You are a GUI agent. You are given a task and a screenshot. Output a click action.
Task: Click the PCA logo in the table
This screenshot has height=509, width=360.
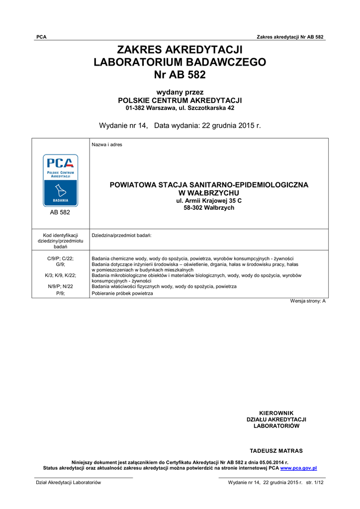(x=60, y=180)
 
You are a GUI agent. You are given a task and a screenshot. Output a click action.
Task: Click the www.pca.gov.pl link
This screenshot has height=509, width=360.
(x=298, y=468)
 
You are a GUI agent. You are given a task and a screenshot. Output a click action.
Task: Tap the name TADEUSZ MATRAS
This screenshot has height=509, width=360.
(x=276, y=451)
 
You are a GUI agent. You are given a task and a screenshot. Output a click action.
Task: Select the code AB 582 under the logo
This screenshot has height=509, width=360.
(x=60, y=212)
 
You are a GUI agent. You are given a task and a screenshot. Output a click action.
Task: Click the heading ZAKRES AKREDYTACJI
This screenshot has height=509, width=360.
(x=180, y=50)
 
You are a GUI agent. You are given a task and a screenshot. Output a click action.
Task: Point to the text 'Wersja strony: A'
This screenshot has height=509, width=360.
(x=308, y=301)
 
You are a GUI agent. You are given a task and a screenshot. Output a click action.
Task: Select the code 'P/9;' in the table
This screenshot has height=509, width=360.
(x=60, y=293)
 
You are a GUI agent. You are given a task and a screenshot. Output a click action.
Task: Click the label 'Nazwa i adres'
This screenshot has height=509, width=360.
(x=107, y=145)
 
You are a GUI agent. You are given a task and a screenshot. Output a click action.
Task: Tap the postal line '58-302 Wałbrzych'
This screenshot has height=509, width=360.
(x=209, y=208)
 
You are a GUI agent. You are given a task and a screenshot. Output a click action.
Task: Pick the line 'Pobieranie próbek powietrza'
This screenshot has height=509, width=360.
(x=122, y=293)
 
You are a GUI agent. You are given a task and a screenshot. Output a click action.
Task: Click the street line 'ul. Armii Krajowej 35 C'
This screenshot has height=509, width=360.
(x=209, y=200)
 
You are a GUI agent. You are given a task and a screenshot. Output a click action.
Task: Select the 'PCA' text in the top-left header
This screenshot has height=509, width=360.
(x=41, y=37)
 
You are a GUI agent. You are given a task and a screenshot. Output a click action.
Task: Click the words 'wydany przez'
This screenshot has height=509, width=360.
(x=180, y=92)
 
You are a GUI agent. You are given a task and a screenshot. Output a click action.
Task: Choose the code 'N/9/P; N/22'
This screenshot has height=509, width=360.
(x=60, y=286)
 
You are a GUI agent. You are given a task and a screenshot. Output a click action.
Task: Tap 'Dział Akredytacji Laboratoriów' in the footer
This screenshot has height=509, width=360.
(x=68, y=483)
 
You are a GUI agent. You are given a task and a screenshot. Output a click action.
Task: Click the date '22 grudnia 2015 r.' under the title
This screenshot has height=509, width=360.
(x=231, y=126)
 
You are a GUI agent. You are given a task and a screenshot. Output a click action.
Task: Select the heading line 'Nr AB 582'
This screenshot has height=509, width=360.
(x=180, y=75)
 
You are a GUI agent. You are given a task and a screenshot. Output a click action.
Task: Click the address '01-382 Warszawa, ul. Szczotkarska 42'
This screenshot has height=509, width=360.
(x=180, y=108)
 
